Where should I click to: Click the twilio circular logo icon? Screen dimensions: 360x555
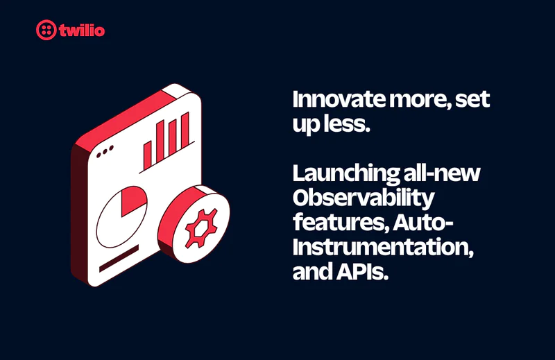46,30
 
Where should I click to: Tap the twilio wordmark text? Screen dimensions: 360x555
82,30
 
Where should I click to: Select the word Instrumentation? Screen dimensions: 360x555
383,247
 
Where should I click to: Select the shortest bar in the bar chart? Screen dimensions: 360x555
147,150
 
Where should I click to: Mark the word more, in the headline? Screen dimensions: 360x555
420,99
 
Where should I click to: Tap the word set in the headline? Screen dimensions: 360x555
474,99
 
